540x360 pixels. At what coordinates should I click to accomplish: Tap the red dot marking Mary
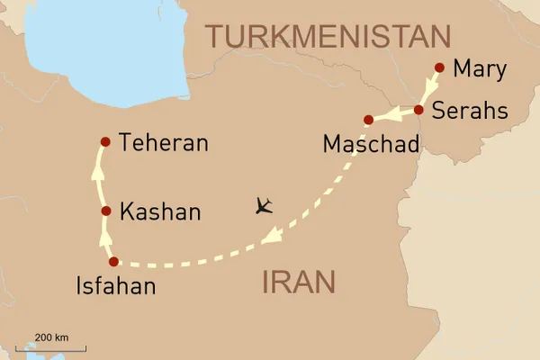pos(439,67)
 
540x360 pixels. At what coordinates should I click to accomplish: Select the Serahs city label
pos(469,111)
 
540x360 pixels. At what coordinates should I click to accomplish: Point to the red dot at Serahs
pos(418,110)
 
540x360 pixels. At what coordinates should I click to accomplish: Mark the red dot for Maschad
pos(368,120)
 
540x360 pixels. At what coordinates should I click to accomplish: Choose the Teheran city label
pos(164,142)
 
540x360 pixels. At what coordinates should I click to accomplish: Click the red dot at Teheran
pos(105,141)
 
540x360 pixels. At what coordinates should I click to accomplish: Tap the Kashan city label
pos(160,212)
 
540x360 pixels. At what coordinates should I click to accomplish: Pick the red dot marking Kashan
pos(106,211)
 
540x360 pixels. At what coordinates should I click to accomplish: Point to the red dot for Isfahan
pos(113,262)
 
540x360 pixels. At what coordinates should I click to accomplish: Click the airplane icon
pos(263,206)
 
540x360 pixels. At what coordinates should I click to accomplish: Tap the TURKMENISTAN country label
pos(328,36)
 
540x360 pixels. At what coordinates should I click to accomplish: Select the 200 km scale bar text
pos(51,337)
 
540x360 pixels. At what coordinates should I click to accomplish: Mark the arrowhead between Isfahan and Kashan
pos(106,236)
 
